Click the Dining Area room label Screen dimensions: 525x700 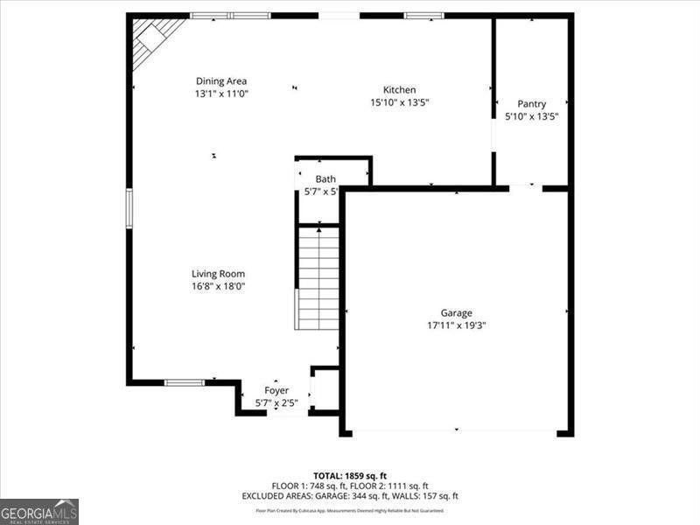pos(221,81)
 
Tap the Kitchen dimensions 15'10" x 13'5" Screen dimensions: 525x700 pos(399,101)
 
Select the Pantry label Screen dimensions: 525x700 pos(531,104)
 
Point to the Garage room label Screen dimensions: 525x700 pos(456,312)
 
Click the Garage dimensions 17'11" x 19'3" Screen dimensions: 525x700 pos(456,325)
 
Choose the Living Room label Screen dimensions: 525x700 pos(218,274)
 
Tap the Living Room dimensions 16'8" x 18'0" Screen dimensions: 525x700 pos(218,286)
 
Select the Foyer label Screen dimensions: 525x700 pos(276,390)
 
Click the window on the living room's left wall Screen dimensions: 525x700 pos(129,208)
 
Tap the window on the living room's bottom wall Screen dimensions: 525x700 pos(185,382)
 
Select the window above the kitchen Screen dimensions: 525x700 pos(423,16)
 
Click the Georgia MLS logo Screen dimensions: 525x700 pos(39,511)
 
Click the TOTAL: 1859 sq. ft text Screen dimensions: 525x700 pos(350,476)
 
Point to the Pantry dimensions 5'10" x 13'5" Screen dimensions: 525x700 pos(531,116)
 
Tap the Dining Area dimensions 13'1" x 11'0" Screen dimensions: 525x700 pos(221,94)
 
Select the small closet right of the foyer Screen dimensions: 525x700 pos(325,390)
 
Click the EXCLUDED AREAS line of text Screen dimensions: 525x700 pos(350,496)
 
